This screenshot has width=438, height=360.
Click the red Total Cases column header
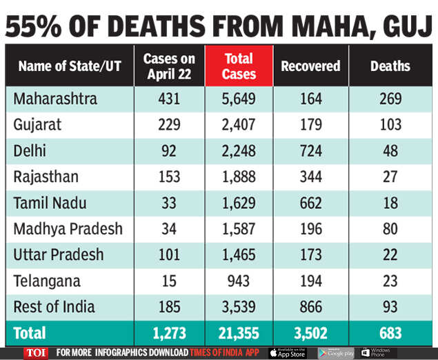239,66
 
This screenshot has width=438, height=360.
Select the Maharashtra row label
55,99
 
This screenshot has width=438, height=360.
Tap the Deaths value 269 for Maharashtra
390,99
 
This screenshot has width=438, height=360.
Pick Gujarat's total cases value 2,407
239,125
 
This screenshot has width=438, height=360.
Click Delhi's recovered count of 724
310,151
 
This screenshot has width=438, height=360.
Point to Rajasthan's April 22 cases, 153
169,177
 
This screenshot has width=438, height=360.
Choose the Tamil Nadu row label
52,203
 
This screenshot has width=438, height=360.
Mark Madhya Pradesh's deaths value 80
390,229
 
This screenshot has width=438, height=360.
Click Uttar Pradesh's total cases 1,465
239,255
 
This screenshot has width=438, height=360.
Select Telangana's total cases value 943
239,281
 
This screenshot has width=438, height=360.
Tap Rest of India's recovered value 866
310,307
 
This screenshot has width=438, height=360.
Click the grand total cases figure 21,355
239,333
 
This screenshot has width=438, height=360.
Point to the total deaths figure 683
390,333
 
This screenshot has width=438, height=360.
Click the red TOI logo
36,352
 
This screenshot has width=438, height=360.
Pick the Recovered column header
310,66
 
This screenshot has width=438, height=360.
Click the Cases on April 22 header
169,66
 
